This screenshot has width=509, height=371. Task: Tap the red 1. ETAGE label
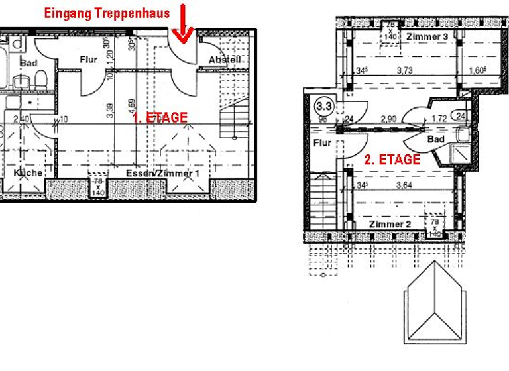159,117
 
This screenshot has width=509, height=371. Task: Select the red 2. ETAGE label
392,160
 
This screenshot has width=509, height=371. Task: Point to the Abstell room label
224,60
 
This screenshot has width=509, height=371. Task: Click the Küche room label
28,172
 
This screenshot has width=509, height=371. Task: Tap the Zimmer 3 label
427,36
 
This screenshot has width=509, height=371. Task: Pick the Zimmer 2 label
390,225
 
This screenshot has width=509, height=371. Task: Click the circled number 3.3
324,105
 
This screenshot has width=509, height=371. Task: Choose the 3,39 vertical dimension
109,107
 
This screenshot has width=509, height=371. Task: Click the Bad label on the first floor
28,62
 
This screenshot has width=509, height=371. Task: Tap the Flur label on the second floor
322,142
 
